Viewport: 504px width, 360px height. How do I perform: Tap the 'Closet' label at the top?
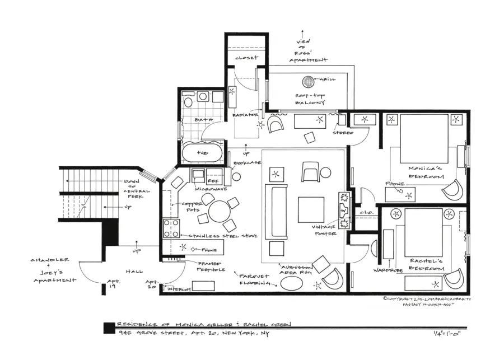[246, 58]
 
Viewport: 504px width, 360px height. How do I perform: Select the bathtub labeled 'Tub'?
[202, 152]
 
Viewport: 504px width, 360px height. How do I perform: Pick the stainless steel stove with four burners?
[171, 228]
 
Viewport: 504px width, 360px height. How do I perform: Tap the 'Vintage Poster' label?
[324, 230]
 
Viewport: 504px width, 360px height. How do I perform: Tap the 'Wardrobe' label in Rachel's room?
[388, 270]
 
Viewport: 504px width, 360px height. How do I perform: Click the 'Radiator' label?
[245, 115]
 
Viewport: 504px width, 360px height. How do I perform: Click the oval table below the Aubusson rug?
[295, 283]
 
